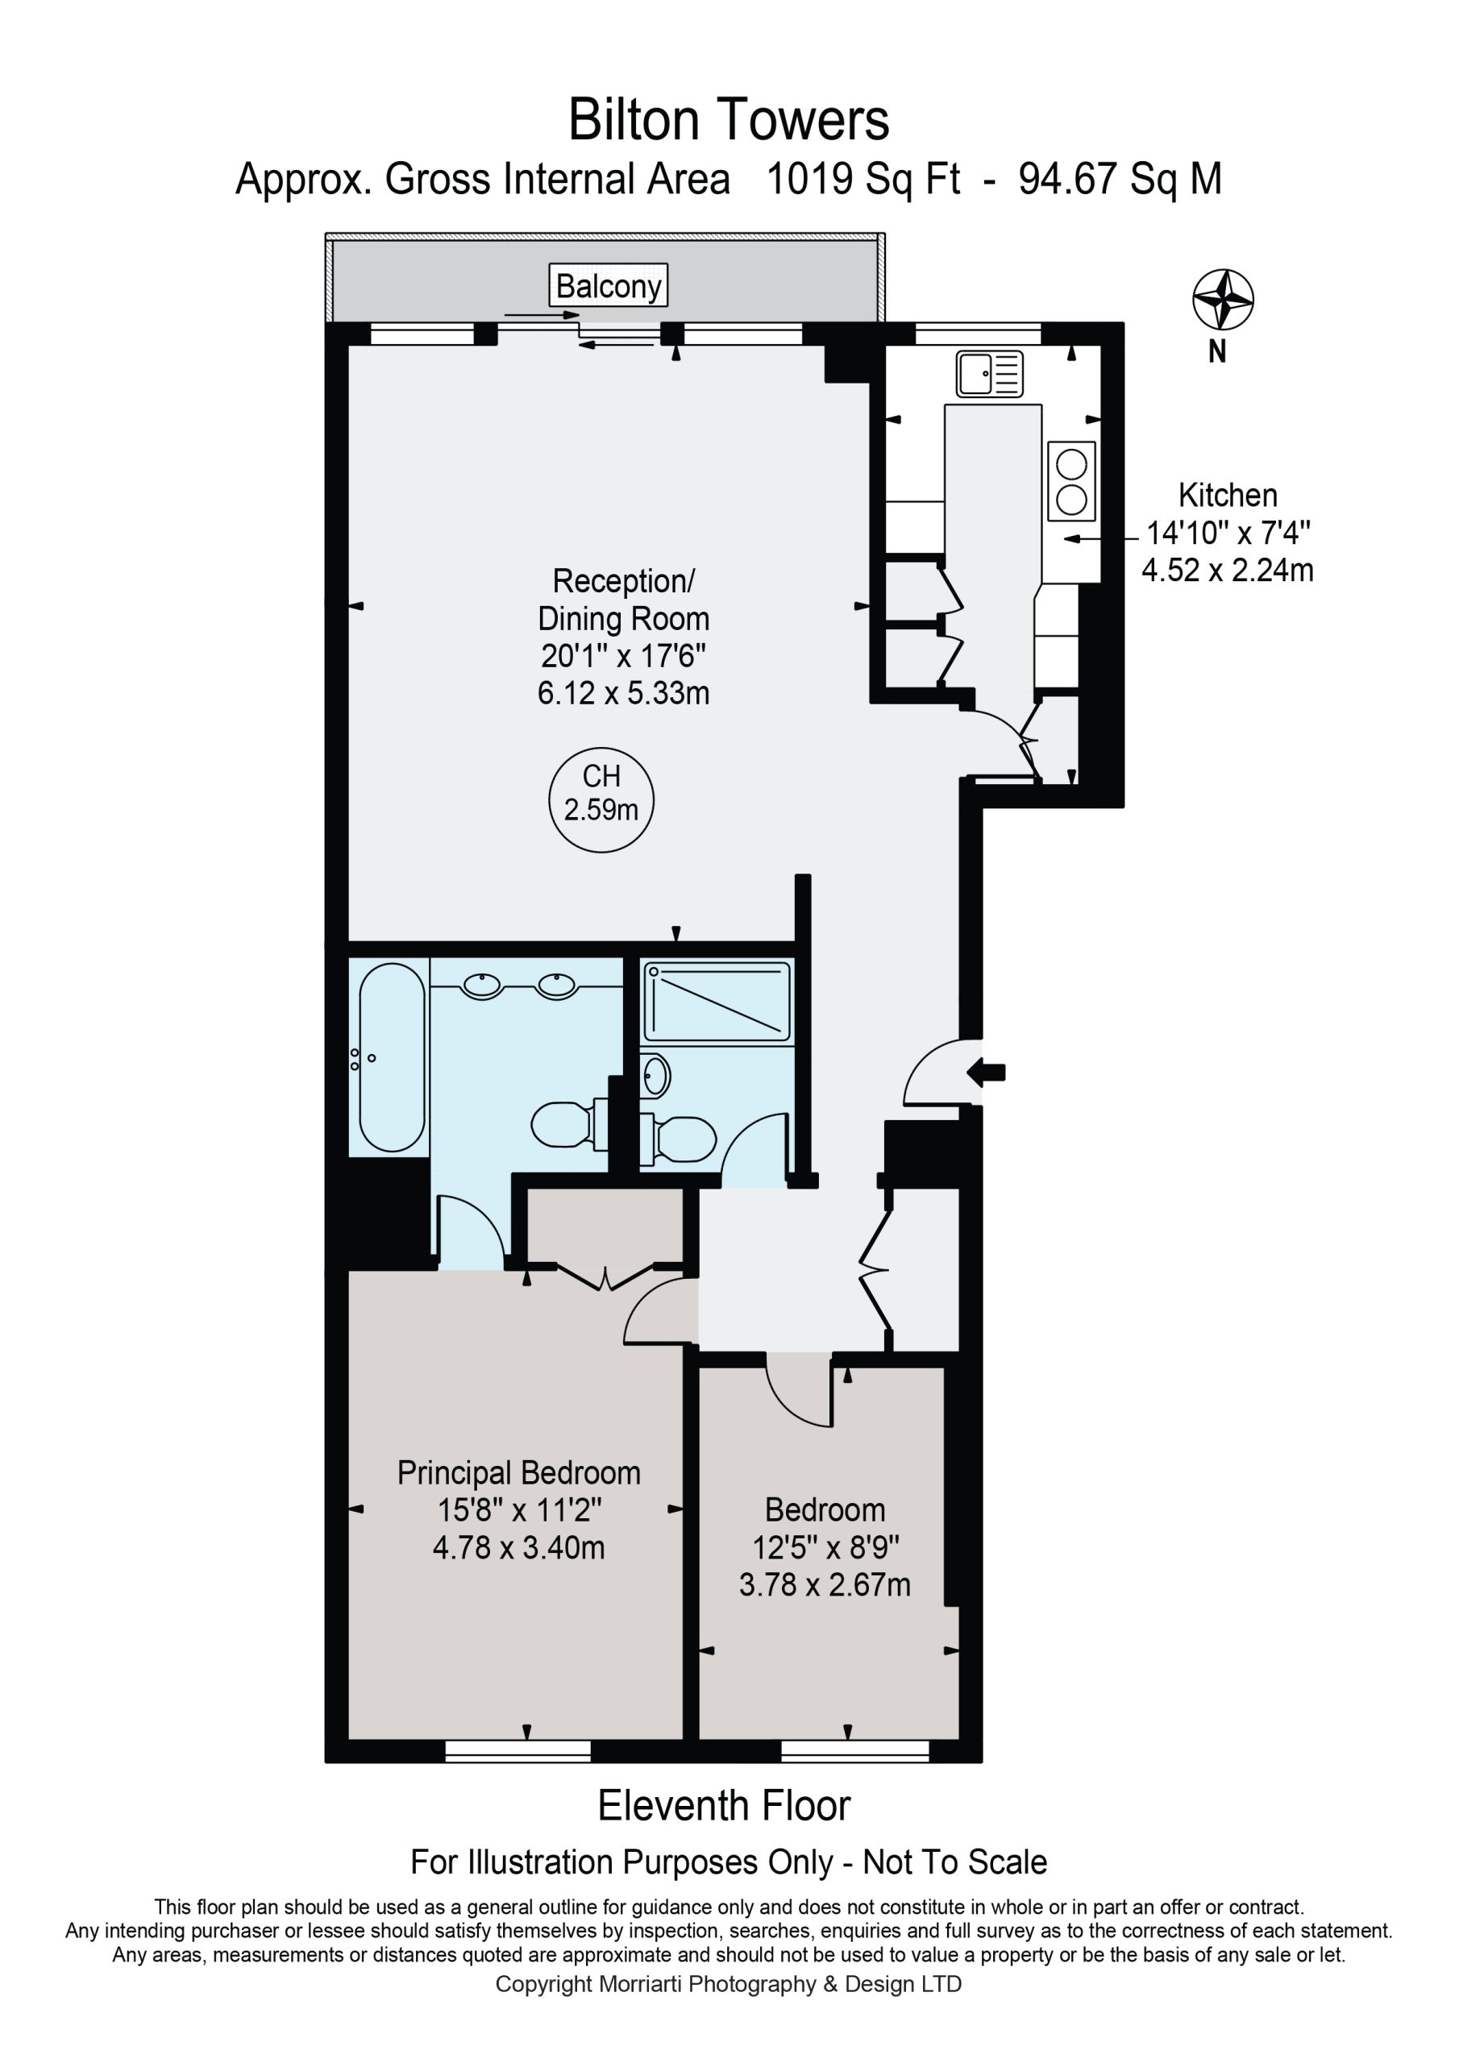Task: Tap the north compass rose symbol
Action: pyautogui.click(x=1223, y=299)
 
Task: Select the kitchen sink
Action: pyautogui.click(x=990, y=373)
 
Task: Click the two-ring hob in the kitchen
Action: pyautogui.click(x=1071, y=482)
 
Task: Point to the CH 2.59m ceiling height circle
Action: pyautogui.click(x=601, y=799)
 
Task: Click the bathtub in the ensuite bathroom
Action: pyautogui.click(x=392, y=1056)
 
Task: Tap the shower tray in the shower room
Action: pyautogui.click(x=717, y=1002)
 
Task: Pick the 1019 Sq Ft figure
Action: pyautogui.click(x=863, y=179)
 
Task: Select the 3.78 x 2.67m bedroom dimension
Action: pyautogui.click(x=825, y=1584)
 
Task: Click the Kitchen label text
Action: pyautogui.click(x=1227, y=495)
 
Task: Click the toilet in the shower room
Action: pyautogui.click(x=679, y=1138)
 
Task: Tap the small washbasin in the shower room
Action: pyautogui.click(x=655, y=1075)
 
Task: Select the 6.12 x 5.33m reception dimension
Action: pyautogui.click(x=623, y=693)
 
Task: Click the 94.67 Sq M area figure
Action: pyautogui.click(x=1120, y=179)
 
